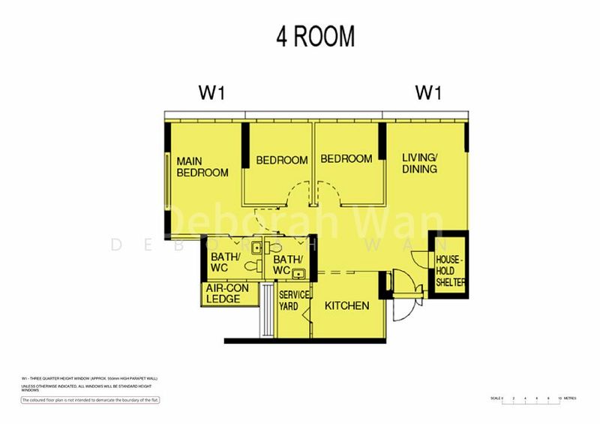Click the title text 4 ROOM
pyautogui.click(x=315, y=36)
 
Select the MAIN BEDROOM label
pyautogui.click(x=202, y=167)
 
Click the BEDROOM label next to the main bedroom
pyautogui.click(x=281, y=160)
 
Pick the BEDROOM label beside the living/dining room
pyautogui.click(x=346, y=159)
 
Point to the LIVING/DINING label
pyautogui.click(x=419, y=163)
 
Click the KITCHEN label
pyautogui.click(x=346, y=305)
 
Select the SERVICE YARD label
pyautogui.click(x=294, y=301)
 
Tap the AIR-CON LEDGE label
pyautogui.click(x=223, y=293)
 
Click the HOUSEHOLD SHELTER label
pyautogui.click(x=450, y=271)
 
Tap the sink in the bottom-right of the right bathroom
pyautogui.click(x=299, y=272)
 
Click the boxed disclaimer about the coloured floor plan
pyautogui.click(x=90, y=400)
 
